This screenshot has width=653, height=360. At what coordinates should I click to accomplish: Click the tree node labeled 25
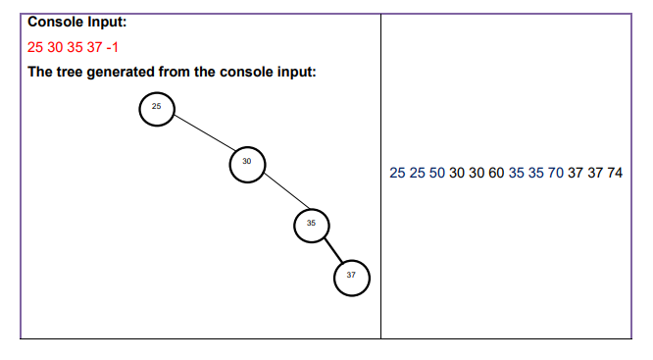(x=157, y=108)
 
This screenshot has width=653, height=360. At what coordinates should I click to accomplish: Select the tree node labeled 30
(x=246, y=164)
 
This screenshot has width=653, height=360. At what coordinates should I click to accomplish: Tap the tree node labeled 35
(x=311, y=226)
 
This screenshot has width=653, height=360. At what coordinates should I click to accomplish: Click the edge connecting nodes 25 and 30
(x=202, y=135)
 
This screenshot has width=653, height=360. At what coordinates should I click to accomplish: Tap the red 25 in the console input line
(x=36, y=47)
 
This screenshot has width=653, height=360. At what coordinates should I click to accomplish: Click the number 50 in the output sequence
(x=436, y=173)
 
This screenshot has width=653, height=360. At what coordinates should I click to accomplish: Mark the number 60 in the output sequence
(x=496, y=173)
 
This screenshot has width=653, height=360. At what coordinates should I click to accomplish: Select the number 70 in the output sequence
(x=555, y=173)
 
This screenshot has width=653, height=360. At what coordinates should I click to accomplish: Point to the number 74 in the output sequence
(x=614, y=173)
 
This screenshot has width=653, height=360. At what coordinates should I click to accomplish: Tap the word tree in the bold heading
(x=70, y=74)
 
